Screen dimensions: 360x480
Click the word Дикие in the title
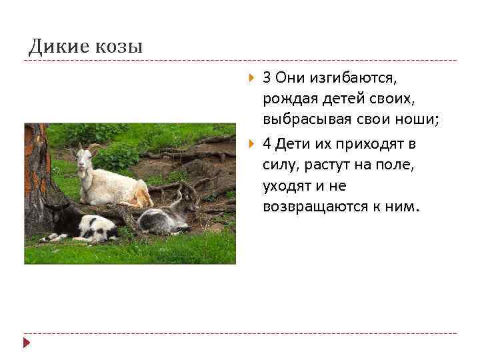click(57, 46)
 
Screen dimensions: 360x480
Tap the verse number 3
click(267, 79)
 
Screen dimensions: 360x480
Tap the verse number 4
click(267, 144)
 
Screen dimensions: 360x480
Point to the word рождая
click(285, 100)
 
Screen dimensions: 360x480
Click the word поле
click(395, 165)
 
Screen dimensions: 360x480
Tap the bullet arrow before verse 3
click(251, 79)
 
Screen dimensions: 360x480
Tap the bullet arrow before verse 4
click(251, 144)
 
